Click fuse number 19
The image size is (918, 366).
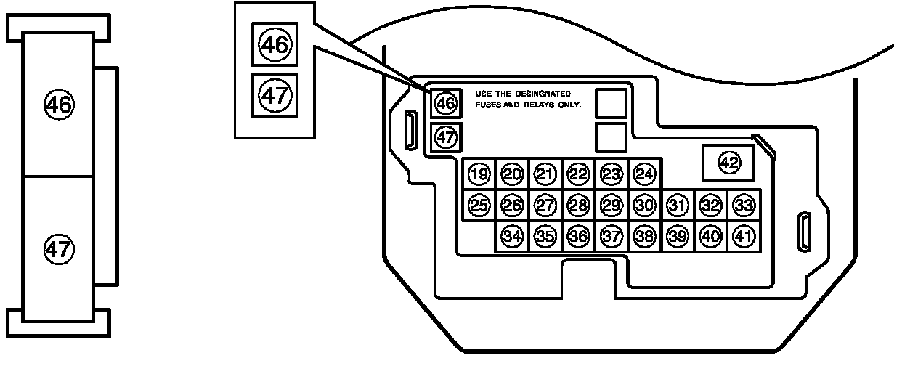(479, 174)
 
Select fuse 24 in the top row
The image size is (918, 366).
(644, 174)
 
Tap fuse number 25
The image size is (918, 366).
(479, 206)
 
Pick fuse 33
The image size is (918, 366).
(743, 206)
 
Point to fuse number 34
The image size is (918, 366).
(512, 236)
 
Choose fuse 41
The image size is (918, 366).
(743, 236)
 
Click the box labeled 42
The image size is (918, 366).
(728, 163)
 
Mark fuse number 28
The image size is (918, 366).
(578, 206)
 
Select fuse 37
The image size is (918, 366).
(612, 236)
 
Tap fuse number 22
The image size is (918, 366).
(578, 174)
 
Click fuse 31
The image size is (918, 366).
(677, 206)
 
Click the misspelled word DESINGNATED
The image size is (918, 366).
(545, 94)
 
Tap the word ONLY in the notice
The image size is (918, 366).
(571, 105)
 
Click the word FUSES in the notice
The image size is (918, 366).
(488, 105)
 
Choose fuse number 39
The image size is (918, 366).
(677, 236)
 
